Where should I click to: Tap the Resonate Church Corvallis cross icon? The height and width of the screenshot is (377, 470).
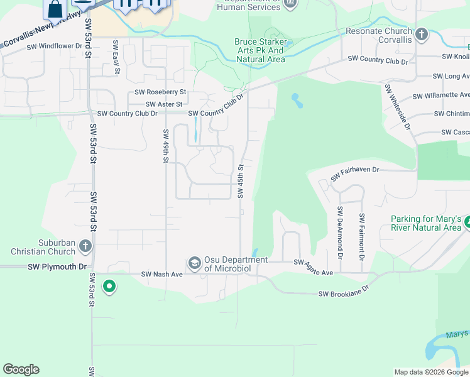click(422, 34)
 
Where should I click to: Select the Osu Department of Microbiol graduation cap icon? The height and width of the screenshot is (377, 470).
click(195, 262)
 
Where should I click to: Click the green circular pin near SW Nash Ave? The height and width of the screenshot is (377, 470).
click(109, 287)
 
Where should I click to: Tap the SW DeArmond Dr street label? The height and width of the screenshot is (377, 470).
click(340, 232)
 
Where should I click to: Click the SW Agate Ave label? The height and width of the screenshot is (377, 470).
click(314, 268)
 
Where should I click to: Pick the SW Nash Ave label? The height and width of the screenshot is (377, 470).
click(162, 274)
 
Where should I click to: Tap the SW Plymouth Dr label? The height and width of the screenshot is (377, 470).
click(57, 266)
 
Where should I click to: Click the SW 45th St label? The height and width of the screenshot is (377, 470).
click(241, 180)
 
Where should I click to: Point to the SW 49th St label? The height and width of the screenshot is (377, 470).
click(166, 146)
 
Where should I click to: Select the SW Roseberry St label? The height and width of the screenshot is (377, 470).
click(156, 92)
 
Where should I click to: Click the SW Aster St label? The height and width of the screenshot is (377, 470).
click(164, 104)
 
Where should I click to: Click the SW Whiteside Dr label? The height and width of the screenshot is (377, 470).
click(397, 107)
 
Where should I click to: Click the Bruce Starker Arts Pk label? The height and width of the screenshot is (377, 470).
click(260, 51)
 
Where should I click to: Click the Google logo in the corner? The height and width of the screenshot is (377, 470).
click(21, 369)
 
